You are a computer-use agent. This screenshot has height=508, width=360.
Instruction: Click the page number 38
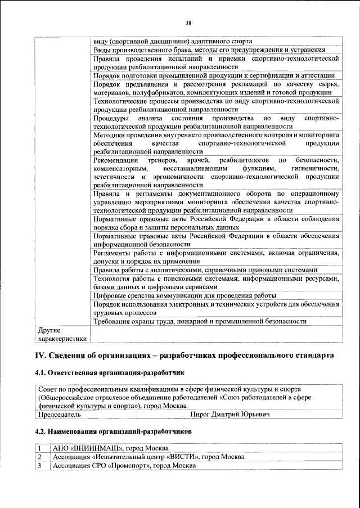(188, 23)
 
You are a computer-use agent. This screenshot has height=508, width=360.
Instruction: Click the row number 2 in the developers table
(40, 457)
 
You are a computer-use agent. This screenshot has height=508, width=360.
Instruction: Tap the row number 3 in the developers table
(40, 466)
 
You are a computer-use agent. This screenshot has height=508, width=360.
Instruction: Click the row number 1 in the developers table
(40, 448)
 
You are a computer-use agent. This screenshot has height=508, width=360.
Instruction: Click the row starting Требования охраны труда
(200, 321)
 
